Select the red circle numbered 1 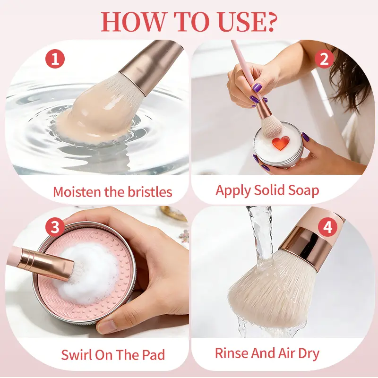pos(55,59)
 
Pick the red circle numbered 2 pos(324,59)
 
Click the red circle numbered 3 pos(55,227)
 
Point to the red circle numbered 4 pos(327,227)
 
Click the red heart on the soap pos(281,143)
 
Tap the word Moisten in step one pos(77,192)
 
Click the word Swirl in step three pos(77,355)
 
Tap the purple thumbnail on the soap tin pos(306,137)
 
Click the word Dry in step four pos(309,353)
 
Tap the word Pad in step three pos(153,355)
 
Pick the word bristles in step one pos(150,192)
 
